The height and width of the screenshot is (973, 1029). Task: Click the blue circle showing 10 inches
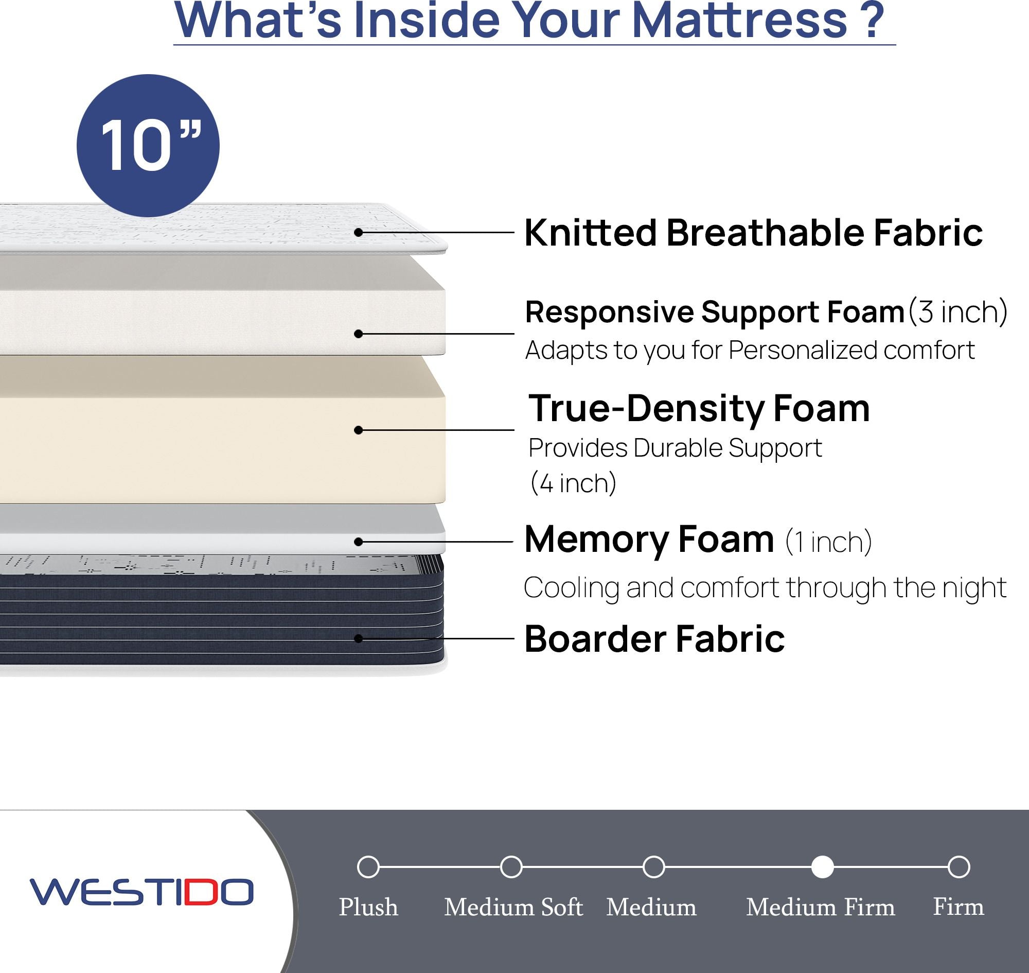pos(148,146)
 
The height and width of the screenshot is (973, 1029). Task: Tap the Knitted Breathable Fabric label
pos(753,232)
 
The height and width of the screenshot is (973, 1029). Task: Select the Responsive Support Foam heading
pos(715,312)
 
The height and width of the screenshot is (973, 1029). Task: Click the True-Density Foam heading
pos(699,409)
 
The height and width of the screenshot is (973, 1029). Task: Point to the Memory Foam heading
pos(649,540)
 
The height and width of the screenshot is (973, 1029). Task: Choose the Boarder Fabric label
pos(654,638)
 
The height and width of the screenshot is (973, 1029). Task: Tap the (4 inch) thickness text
pos(573,484)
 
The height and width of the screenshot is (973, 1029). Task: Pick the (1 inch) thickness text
pos(828,542)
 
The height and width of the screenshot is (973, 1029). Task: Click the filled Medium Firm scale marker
pos(822,866)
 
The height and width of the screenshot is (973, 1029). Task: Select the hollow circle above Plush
pos(368,866)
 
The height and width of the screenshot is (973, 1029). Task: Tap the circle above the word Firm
pos(959,866)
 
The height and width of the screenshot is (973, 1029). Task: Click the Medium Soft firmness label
pos(513,907)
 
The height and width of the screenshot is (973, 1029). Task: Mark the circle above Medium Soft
pos(511,866)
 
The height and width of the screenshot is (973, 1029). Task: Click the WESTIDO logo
pos(141,892)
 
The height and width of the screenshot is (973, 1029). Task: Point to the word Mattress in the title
pos(740,20)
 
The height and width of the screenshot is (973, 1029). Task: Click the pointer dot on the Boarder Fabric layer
pos(358,638)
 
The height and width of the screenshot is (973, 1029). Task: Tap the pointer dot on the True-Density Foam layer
pos(358,430)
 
